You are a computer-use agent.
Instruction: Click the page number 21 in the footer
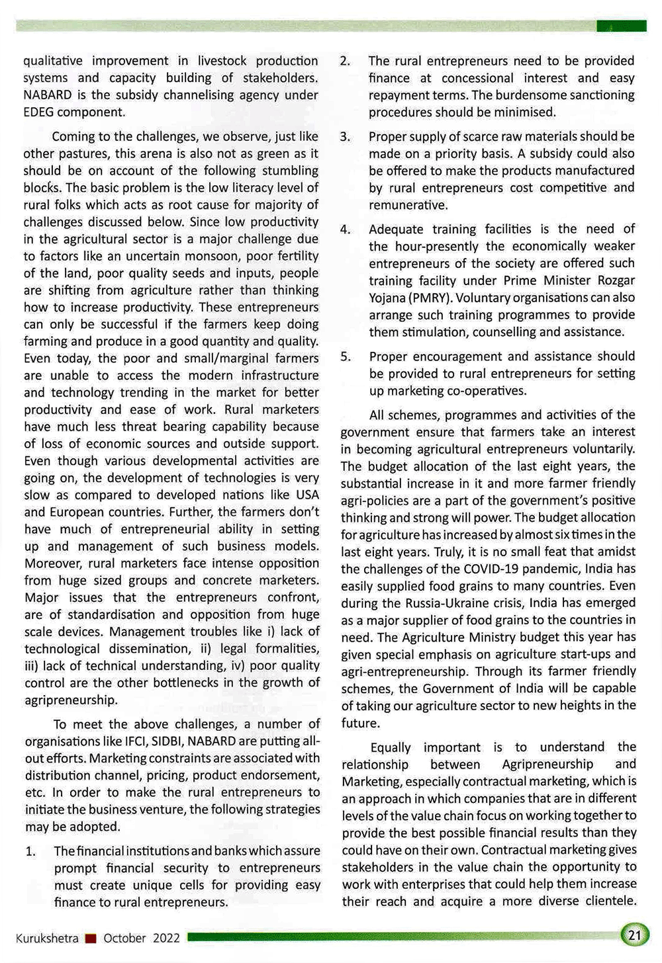(x=634, y=935)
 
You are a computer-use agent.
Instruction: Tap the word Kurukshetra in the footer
(x=47, y=938)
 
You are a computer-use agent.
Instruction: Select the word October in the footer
(x=124, y=938)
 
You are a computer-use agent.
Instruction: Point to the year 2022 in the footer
(x=166, y=938)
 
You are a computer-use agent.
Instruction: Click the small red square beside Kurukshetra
(x=91, y=938)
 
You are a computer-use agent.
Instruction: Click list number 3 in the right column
(x=345, y=137)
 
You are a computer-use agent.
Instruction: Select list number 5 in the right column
(x=346, y=356)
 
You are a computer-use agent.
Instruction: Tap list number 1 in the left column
(x=30, y=851)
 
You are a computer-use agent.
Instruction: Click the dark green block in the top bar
(x=621, y=26)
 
